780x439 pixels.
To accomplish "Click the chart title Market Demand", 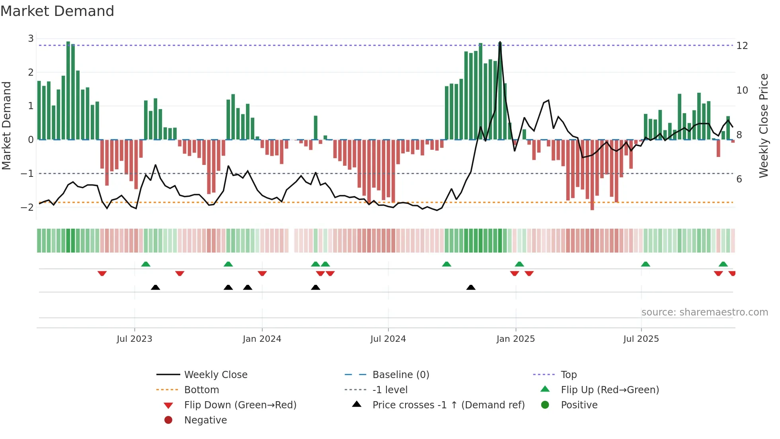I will point(57,11).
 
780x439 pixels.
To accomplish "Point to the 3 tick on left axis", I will point(31,39).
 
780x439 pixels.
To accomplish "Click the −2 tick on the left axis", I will point(27,207).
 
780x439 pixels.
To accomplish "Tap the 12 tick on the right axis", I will point(742,45).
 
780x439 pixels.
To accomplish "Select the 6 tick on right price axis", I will point(739,179).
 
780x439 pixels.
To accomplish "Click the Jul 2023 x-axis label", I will point(135,339).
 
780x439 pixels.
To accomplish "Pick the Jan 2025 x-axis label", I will point(516,339).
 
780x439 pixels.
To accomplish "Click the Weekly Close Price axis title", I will point(763,125).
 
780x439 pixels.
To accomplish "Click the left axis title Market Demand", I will point(7,125).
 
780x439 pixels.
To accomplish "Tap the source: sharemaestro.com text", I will point(704,312).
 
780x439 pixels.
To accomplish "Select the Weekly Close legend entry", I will point(216,374).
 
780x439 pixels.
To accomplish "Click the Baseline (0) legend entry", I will point(401,374).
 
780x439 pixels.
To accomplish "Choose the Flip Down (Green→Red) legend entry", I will point(240,405).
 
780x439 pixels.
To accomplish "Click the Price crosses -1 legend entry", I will point(448,405).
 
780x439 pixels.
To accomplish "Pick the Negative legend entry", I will point(205,420).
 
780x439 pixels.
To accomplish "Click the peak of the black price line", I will point(500,42).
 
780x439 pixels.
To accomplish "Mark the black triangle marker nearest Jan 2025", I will point(471,287).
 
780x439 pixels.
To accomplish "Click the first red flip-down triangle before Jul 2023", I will point(102,273).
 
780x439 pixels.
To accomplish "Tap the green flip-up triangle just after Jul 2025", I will point(645,264).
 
